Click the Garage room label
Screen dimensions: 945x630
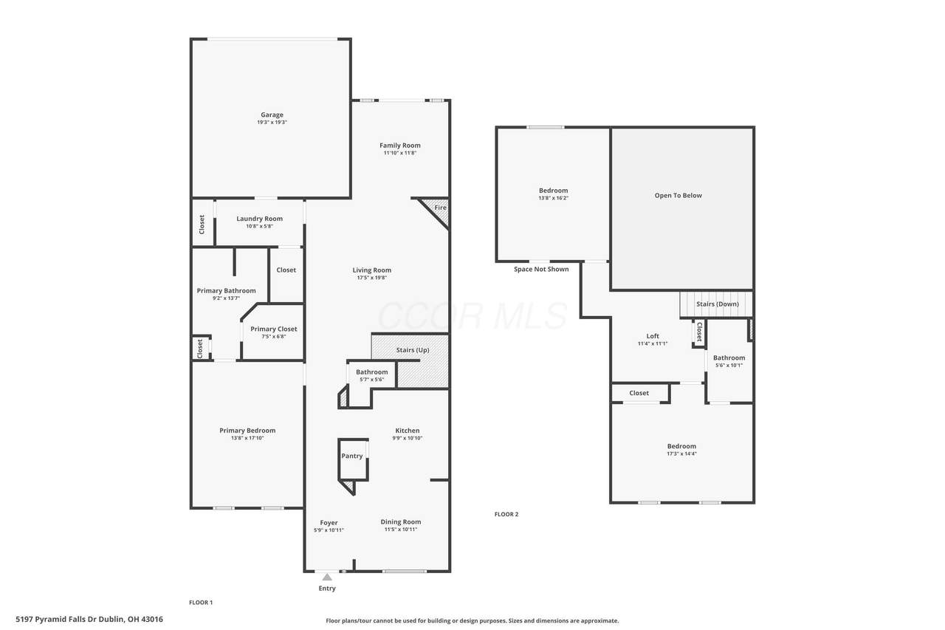272,114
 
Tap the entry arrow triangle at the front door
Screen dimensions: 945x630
327,578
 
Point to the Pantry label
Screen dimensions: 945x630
352,456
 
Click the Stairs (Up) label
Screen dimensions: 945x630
413,350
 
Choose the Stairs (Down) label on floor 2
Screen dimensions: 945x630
717,304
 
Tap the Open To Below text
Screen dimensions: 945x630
678,196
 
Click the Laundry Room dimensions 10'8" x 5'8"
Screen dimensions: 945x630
259,226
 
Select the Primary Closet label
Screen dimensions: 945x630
273,329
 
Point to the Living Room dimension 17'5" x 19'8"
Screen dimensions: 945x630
371,278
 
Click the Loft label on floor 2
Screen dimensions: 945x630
653,336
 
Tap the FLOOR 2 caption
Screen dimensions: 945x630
506,514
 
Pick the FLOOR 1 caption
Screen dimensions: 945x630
201,602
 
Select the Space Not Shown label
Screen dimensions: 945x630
541,270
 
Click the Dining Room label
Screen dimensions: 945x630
400,522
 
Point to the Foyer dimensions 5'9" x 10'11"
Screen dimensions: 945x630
329,530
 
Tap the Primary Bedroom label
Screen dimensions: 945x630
247,431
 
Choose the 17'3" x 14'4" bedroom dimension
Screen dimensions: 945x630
681,453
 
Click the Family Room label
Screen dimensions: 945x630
399,145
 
